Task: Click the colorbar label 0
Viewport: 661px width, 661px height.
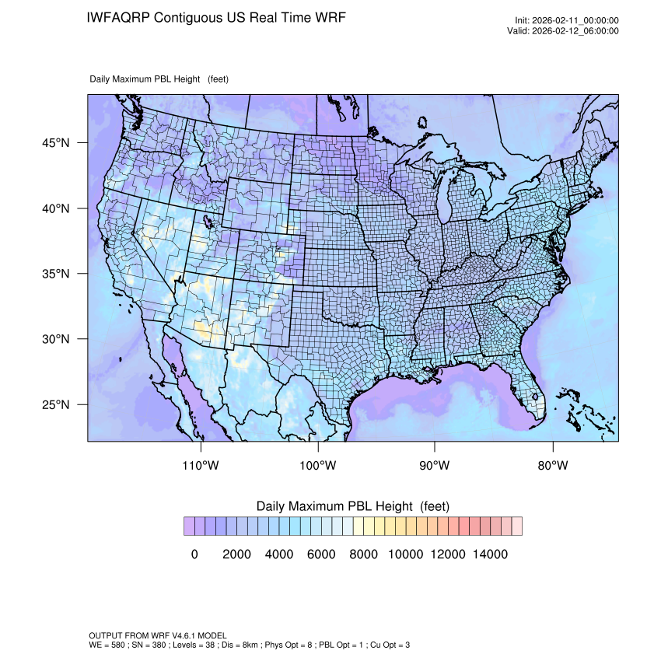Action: [x=194, y=554]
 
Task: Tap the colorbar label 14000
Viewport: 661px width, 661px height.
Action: [x=491, y=554]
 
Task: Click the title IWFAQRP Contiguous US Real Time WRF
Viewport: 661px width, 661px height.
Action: [x=216, y=17]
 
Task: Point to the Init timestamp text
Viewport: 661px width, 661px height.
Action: [x=567, y=21]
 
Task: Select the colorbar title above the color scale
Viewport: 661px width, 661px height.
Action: [x=352, y=506]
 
